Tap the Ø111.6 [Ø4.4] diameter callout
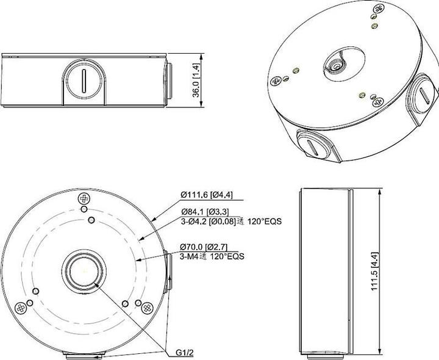(206, 195)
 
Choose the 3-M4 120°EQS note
(212, 256)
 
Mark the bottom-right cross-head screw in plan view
(146, 307)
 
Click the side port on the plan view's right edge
(167, 268)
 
